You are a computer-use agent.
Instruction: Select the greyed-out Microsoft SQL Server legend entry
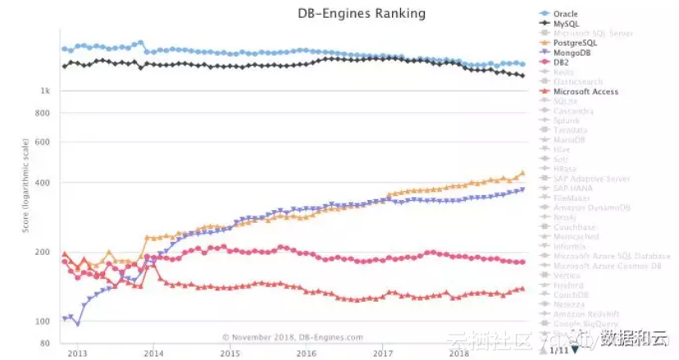[x=593, y=34]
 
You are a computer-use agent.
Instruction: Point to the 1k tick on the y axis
[x=46, y=91]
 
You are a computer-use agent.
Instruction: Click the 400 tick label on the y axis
[x=44, y=183]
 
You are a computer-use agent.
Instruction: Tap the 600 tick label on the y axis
[x=44, y=142]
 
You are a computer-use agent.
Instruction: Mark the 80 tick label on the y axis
[x=47, y=343]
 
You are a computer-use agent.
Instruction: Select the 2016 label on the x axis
[x=306, y=353]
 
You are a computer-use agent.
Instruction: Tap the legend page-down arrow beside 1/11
[x=575, y=349]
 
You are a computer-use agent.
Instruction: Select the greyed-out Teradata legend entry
[x=571, y=131]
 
